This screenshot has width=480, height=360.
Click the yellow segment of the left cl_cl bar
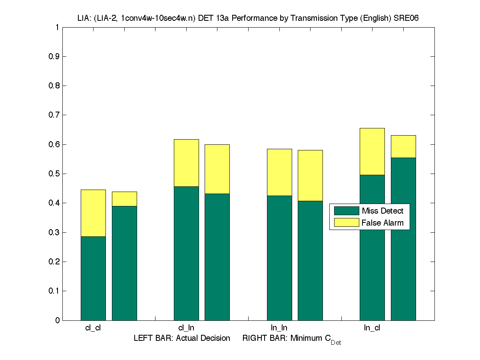point(93,213)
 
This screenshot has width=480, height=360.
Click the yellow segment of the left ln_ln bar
point(279,172)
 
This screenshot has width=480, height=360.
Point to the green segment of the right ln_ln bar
point(310,260)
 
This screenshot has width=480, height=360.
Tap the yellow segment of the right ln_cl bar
point(403,146)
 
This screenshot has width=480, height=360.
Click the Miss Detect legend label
point(382,211)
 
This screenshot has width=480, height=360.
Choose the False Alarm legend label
point(382,223)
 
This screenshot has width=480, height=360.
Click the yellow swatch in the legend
point(347,223)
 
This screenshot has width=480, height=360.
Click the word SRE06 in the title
point(406,18)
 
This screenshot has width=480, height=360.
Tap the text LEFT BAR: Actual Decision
point(182,338)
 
